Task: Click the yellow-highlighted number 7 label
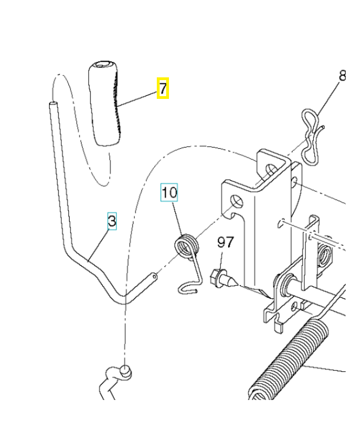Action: pos(162,88)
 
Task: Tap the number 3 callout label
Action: pos(112,222)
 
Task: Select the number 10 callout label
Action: pos(170,193)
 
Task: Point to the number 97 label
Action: pos(225,242)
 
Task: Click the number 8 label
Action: pos(342,76)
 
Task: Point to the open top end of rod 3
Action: pos(52,103)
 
